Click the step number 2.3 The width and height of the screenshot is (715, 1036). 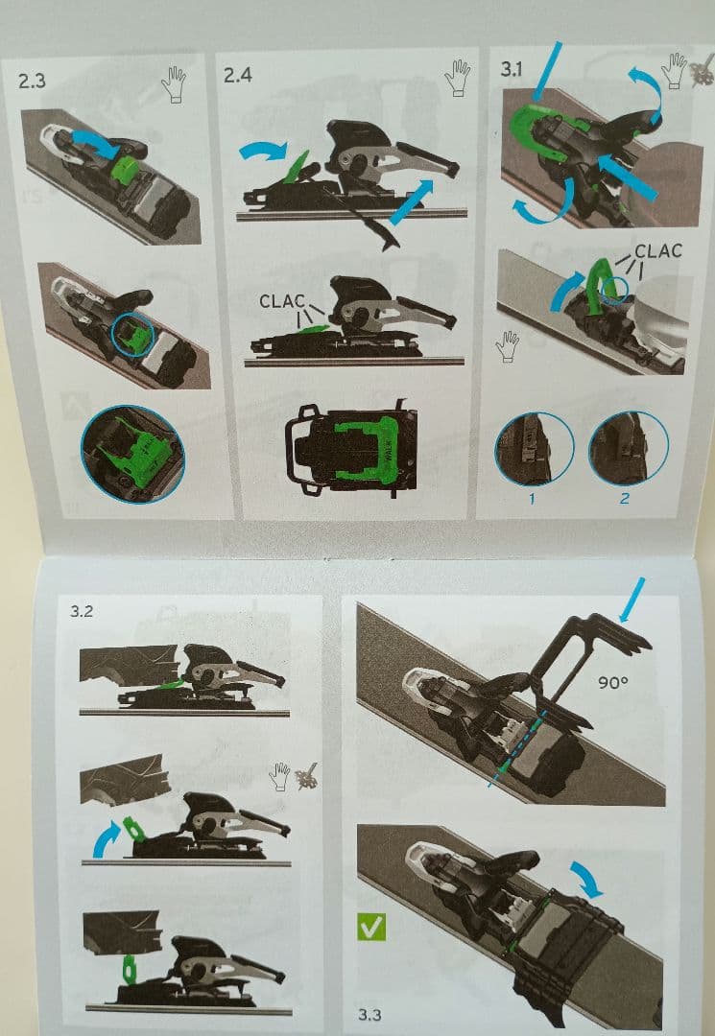coord(32,82)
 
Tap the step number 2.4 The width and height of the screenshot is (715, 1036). coord(237,75)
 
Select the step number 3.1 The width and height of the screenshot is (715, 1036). coord(511,69)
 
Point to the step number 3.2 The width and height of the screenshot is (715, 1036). coord(82,611)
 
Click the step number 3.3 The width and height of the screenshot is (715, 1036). coord(369,1014)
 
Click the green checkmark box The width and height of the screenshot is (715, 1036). coord(370,927)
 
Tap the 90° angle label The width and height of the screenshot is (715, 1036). coord(612,682)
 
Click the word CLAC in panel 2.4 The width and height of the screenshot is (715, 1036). coord(281,301)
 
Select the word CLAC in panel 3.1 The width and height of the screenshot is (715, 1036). coord(658,251)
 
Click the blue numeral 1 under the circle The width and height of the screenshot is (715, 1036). coord(532,498)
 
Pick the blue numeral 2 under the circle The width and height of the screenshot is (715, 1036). coord(625,498)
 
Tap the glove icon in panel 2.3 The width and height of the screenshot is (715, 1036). coord(174,84)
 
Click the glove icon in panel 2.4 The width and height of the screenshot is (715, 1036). coord(457,78)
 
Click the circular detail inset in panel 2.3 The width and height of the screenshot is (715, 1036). coord(132,455)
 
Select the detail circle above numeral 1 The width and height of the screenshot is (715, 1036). coord(534,449)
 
